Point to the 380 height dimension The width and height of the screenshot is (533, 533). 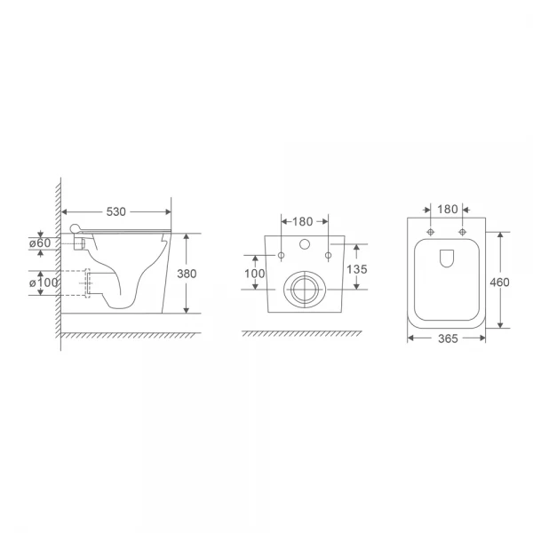200,274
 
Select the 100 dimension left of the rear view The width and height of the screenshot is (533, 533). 256,274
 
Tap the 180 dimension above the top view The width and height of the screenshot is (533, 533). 447,210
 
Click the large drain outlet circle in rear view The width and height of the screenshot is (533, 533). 305,289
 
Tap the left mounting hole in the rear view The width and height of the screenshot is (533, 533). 282,257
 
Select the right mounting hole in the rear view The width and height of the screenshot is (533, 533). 328,257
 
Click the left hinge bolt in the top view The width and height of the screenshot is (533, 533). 431,233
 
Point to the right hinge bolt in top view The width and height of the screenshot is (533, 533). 463,233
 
